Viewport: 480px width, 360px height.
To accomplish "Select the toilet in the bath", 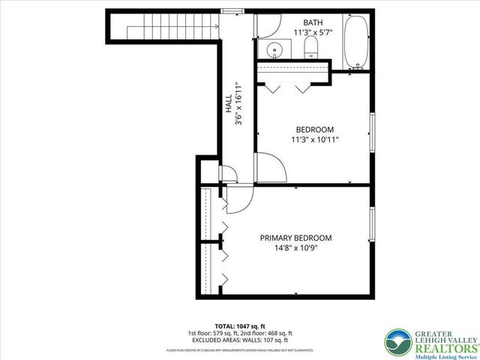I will pos(312,49).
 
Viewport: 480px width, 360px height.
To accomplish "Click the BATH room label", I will pos(313,22).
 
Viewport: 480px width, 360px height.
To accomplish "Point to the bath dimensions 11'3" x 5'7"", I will pos(313,32).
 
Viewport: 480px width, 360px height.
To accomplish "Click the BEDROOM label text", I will pos(314,129).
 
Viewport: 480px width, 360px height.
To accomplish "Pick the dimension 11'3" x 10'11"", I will pos(314,139).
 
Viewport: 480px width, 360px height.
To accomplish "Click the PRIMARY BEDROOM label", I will pos(295,238).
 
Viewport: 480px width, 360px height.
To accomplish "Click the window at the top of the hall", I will pos(232,11).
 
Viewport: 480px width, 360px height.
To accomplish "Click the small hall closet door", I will pos(230,177).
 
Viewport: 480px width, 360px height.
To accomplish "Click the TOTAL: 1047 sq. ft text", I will pos(239,325).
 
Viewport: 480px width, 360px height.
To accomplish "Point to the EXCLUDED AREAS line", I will pos(239,340).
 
